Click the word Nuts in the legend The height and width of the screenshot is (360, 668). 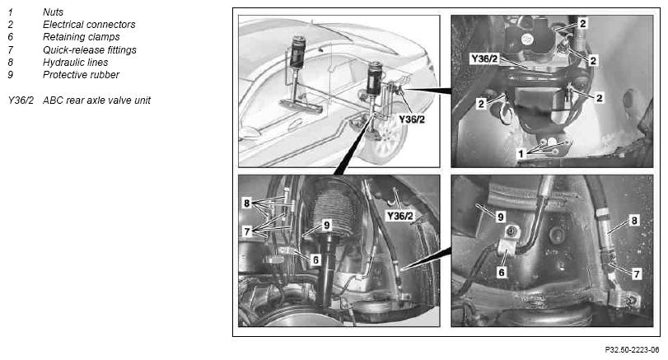(x=53, y=12)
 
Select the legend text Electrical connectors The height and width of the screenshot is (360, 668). (x=89, y=25)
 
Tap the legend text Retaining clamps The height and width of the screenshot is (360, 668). (x=82, y=37)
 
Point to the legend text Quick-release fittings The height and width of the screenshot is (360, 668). (x=90, y=50)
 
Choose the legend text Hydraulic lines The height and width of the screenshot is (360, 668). (x=76, y=63)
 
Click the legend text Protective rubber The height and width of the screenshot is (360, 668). (x=81, y=75)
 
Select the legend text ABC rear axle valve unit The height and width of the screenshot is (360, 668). (x=96, y=101)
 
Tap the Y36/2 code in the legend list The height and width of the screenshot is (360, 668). (x=21, y=101)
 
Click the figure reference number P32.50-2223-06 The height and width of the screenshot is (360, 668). (x=632, y=350)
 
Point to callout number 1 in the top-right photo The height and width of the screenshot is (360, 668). (x=521, y=154)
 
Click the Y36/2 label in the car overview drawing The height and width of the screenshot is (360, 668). (x=412, y=119)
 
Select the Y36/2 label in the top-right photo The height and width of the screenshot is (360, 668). (x=484, y=58)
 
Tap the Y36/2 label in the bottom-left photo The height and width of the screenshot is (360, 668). (x=399, y=216)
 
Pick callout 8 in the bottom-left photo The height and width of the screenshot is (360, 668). (x=246, y=203)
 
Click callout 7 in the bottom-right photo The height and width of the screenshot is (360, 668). (x=637, y=274)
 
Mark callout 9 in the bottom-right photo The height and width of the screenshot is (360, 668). (x=501, y=217)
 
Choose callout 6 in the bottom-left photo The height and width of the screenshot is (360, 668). (x=315, y=259)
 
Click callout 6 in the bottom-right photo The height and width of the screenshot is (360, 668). (x=502, y=272)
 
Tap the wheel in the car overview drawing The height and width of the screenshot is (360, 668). (x=383, y=140)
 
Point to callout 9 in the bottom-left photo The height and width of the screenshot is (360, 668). (x=326, y=225)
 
